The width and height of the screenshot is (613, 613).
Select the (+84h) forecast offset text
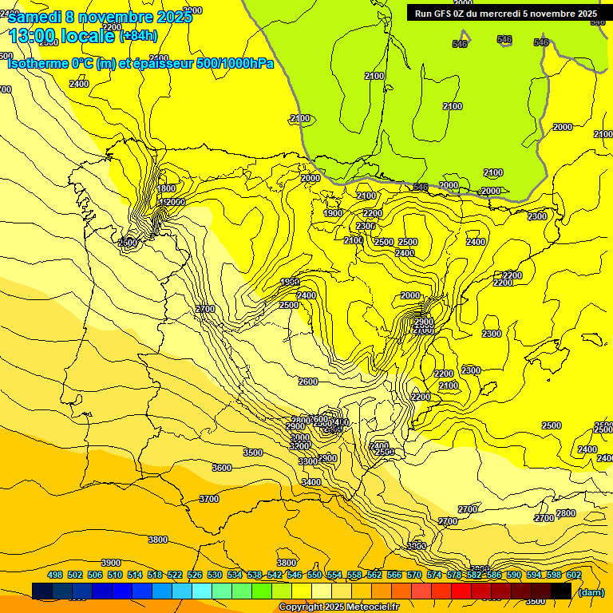[138, 35]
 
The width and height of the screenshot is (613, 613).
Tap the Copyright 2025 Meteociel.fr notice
[338, 607]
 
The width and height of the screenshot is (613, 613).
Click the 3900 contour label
[111, 563]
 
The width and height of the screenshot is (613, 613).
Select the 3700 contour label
[208, 499]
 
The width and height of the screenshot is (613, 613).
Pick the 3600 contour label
[222, 468]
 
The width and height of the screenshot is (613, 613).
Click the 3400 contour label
[311, 482]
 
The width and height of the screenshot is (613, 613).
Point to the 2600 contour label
[308, 382]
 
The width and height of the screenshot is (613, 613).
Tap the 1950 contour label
[290, 282]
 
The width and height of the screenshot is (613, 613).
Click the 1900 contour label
[333, 213]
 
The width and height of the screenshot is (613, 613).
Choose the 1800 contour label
[167, 188]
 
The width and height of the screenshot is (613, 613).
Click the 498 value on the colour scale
[55, 575]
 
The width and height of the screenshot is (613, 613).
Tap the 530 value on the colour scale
[215, 575]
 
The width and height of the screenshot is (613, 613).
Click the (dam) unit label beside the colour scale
[591, 592]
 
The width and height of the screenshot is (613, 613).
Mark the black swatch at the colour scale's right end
[561, 591]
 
